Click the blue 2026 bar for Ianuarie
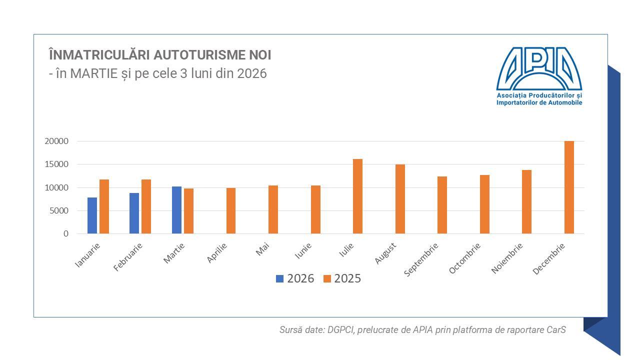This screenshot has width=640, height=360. click(92, 215)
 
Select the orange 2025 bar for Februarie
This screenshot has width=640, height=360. click(146, 206)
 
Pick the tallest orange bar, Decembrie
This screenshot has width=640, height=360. click(569, 187)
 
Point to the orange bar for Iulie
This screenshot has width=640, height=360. click(357, 196)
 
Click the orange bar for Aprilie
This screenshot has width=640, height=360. click(231, 211)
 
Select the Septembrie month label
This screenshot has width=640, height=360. click(421, 259)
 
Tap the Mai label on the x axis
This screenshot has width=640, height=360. click(263, 249)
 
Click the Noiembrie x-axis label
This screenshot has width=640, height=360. click(507, 258)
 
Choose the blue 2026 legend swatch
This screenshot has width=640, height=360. click(279, 279)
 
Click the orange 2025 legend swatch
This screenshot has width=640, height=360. click(327, 279)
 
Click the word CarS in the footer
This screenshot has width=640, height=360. click(556, 330)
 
